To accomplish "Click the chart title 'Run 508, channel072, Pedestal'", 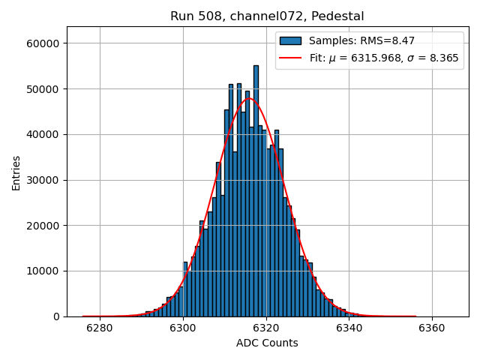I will pos(267,16).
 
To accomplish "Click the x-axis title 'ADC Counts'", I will pos(267,343).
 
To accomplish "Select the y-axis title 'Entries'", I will pos(16,172).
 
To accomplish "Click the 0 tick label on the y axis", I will pos(58,316).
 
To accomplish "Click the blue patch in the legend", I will pos(290,41).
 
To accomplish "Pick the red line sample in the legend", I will pos(290,58).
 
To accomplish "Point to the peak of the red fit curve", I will pos(249,98).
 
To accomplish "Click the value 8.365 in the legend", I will pos(443,58).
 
